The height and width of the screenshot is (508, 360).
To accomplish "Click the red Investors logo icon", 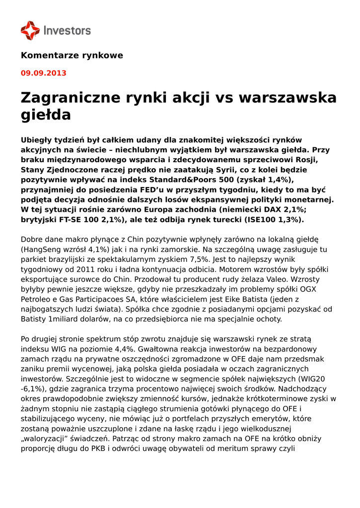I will tap(30, 30).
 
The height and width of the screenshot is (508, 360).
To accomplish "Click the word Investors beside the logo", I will tap(68, 30).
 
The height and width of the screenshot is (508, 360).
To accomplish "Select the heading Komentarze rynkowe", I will tap(72, 55).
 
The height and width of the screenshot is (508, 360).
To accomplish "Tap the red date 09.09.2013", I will tap(43, 73).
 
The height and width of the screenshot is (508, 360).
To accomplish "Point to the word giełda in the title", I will tap(46, 115).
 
